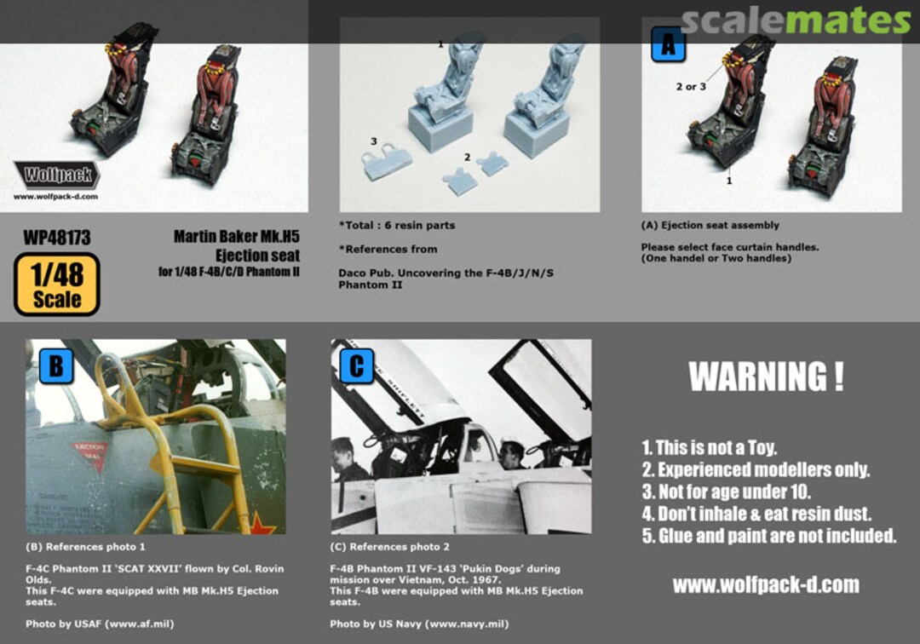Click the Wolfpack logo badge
(x=57, y=174)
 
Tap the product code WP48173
(x=57, y=238)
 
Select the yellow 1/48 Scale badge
(x=57, y=285)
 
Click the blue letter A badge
(x=669, y=44)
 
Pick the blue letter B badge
(x=55, y=366)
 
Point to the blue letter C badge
(x=357, y=366)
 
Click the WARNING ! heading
(x=767, y=377)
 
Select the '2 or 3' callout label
(x=691, y=87)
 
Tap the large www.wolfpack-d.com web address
(x=766, y=584)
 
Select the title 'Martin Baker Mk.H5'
(x=237, y=237)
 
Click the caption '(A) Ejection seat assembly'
(x=710, y=225)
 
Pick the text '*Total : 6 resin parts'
(x=397, y=225)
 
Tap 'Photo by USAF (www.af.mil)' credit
(x=100, y=624)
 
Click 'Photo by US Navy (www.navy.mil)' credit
(x=419, y=624)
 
